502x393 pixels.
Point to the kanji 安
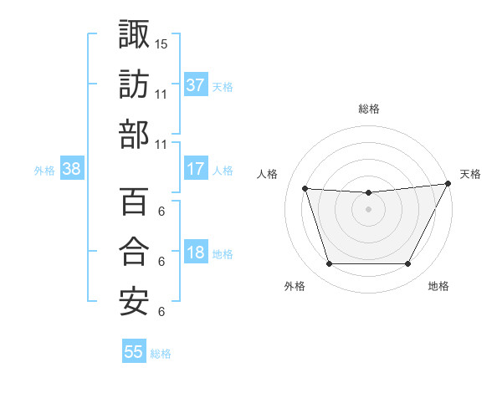tap(134, 302)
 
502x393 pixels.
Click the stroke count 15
tap(162, 43)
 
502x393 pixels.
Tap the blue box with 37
tap(196, 85)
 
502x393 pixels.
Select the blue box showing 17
tap(196, 169)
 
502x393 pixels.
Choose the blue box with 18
tap(196, 253)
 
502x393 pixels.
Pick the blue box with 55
tap(134, 352)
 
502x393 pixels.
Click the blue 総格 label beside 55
tap(161, 354)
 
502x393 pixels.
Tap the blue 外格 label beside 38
tap(44, 171)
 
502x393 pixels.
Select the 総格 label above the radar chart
tap(368, 109)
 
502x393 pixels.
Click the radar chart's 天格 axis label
tap(470, 174)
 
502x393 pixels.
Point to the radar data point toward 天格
tap(448, 184)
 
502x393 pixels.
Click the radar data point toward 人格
tap(305, 189)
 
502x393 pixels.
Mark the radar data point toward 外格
tap(329, 264)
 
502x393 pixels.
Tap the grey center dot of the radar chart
tap(368, 209)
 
